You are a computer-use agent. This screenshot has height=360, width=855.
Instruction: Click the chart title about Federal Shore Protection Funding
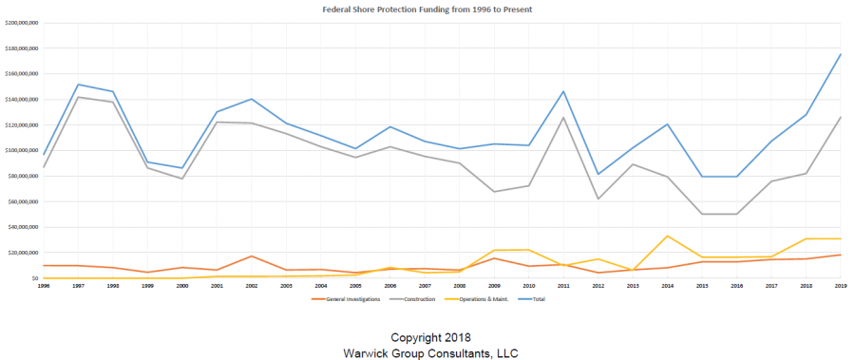[x=427, y=9]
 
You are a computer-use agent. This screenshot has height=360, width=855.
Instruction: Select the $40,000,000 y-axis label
[x=21, y=227]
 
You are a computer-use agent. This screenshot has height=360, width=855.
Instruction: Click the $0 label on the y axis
[x=32, y=278]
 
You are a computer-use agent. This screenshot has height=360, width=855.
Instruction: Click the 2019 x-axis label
[x=839, y=285]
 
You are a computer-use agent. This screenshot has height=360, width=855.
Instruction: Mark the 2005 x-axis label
[x=354, y=285]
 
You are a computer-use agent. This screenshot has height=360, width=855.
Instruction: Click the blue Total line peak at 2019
[x=840, y=54]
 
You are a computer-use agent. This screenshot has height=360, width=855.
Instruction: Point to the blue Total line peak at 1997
[x=78, y=85]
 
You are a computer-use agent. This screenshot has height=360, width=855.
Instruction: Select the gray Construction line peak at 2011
[x=562, y=118]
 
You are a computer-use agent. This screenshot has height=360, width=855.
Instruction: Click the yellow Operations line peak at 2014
[x=667, y=236]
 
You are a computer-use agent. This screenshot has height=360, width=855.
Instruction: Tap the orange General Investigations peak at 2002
[x=251, y=256]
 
